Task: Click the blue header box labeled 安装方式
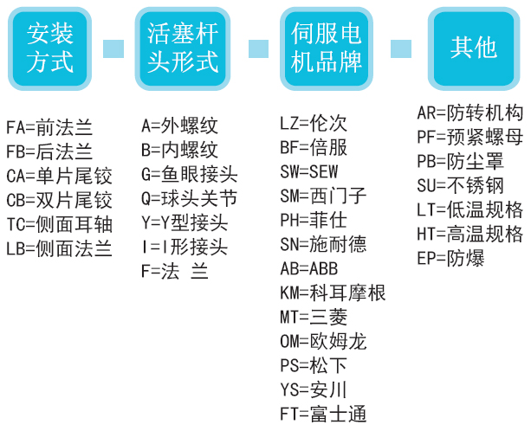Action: pos(51,48)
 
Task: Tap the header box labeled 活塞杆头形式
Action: pos(183,48)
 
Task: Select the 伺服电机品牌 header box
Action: pos(327,48)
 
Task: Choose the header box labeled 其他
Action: pos(473,48)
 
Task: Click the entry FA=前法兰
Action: pos(49,128)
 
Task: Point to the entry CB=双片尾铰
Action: pos(59,201)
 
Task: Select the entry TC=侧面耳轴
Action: pos(59,225)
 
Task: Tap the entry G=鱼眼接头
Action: pos(189,175)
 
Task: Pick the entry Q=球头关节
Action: pos(189,199)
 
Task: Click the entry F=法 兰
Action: pos(175,272)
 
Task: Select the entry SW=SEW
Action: pos(309,171)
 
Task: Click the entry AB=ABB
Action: pos(309,268)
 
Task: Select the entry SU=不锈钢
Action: pos(460,185)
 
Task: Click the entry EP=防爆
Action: pos(450,258)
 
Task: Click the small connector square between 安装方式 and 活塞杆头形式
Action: pos(113,48)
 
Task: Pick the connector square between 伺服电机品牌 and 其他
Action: pos(401,48)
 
